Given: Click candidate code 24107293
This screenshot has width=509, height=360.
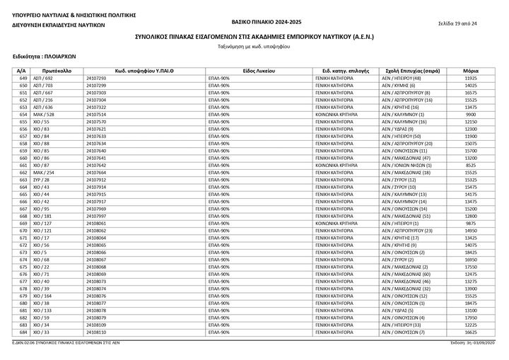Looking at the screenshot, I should click(95, 79).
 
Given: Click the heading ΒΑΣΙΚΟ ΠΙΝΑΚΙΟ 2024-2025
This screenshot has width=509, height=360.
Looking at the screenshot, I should click(257, 23).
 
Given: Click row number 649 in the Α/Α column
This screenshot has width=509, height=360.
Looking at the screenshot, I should click(23, 79).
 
